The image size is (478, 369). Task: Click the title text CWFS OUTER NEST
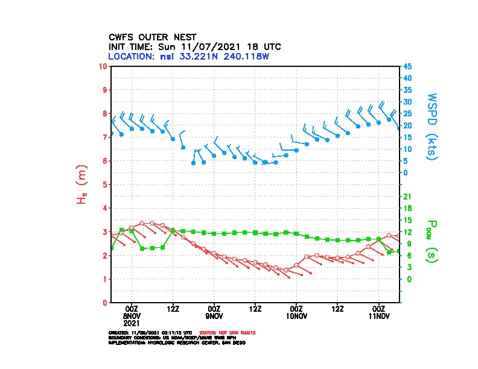tap(152, 37)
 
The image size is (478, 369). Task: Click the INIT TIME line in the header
tap(194, 46)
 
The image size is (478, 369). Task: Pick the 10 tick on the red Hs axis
tap(104, 66)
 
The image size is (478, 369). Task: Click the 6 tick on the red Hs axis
tap(106, 160)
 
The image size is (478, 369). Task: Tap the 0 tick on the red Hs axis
tap(106, 303)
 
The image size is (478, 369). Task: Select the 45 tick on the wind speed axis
tap(408, 66)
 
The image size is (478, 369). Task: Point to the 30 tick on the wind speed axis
tap(408, 101)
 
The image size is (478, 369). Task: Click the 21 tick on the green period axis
tap(407, 196)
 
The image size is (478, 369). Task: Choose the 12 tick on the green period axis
tap(407, 232)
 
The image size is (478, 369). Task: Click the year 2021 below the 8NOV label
tap(132, 323)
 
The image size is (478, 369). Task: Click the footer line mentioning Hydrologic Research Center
tap(177, 342)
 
